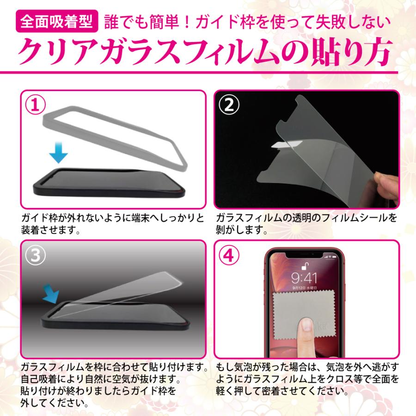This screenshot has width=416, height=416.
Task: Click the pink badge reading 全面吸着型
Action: [56, 20]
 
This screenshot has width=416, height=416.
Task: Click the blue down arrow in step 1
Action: [59, 153]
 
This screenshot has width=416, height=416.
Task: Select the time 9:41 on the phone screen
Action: [304, 278]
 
